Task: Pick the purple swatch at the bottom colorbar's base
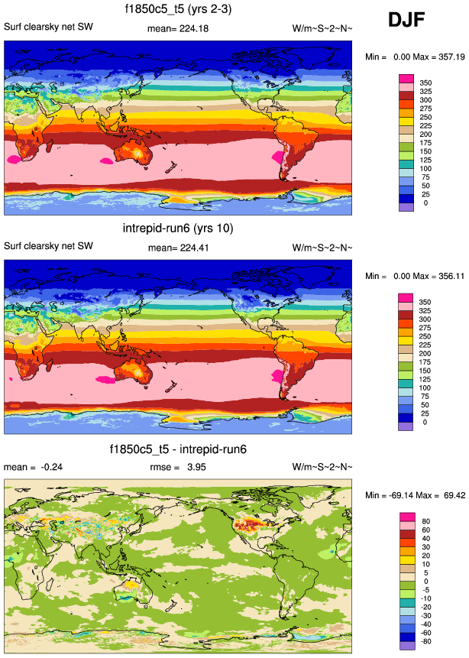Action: coord(406,647)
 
